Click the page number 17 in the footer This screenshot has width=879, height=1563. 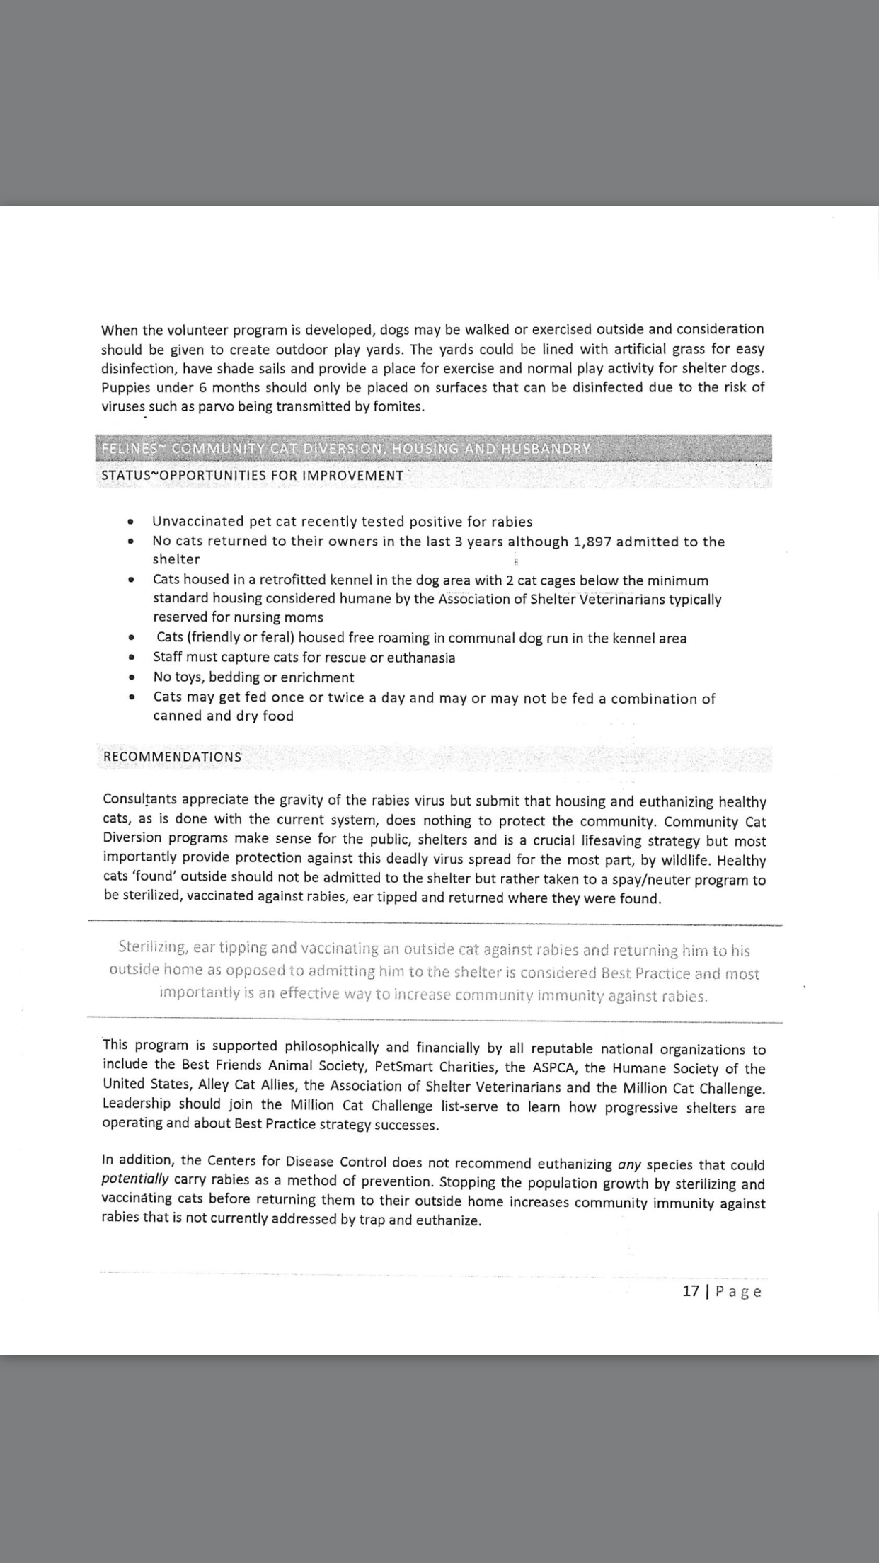tap(690, 1290)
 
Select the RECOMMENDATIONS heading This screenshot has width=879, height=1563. tap(172, 757)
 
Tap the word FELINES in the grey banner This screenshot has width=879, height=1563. tap(129, 449)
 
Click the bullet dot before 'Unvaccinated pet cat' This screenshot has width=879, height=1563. tap(130, 522)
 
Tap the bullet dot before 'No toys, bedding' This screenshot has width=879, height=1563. tap(131, 677)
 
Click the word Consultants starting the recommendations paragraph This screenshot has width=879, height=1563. tap(140, 799)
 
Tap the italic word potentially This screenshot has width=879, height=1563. tap(135, 1179)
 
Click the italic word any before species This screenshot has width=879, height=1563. tap(629, 1164)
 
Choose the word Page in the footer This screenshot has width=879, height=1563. tap(738, 1291)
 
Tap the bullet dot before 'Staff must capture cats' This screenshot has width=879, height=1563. tap(131, 658)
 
